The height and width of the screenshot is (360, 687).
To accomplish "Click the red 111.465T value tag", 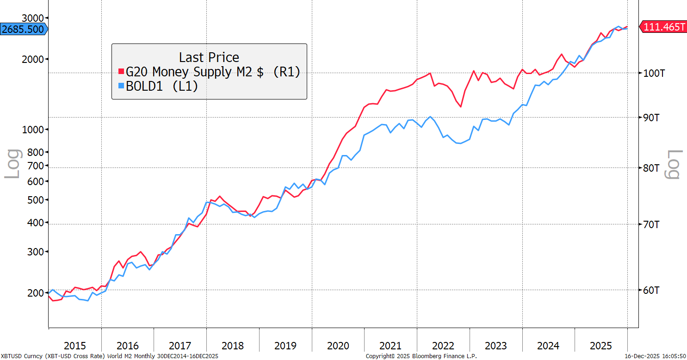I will click(663, 27).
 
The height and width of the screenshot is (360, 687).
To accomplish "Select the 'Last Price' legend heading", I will click(209, 57).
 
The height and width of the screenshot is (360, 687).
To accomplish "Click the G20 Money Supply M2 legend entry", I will click(210, 72).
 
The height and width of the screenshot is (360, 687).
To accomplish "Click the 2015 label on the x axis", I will click(75, 346).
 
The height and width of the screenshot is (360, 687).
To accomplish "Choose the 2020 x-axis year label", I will click(338, 346).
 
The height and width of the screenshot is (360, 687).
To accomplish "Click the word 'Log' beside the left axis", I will click(12, 164).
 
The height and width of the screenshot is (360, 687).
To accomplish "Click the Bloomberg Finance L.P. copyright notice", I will click(421, 356).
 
